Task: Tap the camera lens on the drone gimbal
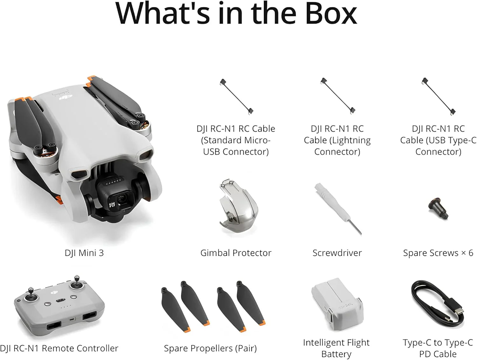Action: coord(122,200)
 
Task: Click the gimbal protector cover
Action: coord(238,207)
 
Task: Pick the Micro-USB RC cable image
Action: coord(237,96)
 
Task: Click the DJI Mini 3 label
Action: coord(84,253)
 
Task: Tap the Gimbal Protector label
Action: coord(236,253)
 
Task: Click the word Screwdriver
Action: coord(337,253)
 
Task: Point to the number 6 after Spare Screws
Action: coord(471,253)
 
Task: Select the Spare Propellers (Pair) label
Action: coord(210,349)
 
